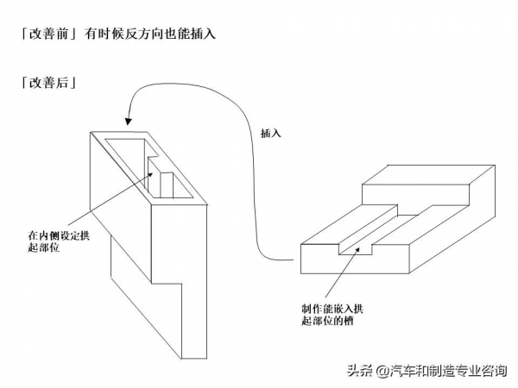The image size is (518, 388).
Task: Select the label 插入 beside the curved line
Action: (x=271, y=135)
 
